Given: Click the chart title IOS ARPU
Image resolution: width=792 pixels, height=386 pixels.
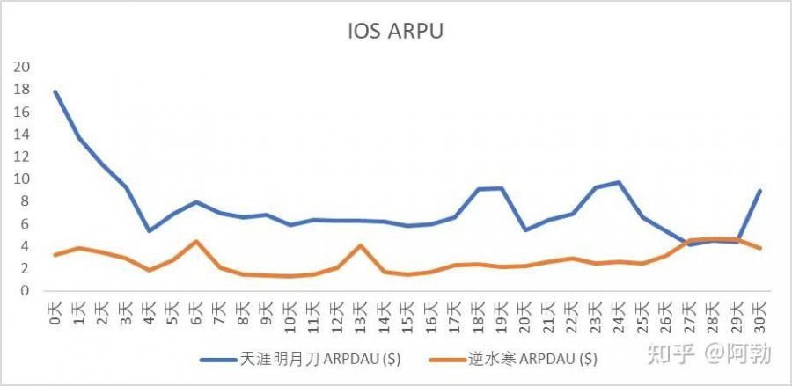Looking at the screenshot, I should [396, 33].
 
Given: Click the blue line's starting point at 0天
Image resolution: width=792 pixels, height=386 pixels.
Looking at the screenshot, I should [55, 91].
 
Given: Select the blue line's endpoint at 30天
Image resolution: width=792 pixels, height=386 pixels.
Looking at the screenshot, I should [759, 191].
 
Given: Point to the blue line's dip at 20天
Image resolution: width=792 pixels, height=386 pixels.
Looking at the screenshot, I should [524, 229].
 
